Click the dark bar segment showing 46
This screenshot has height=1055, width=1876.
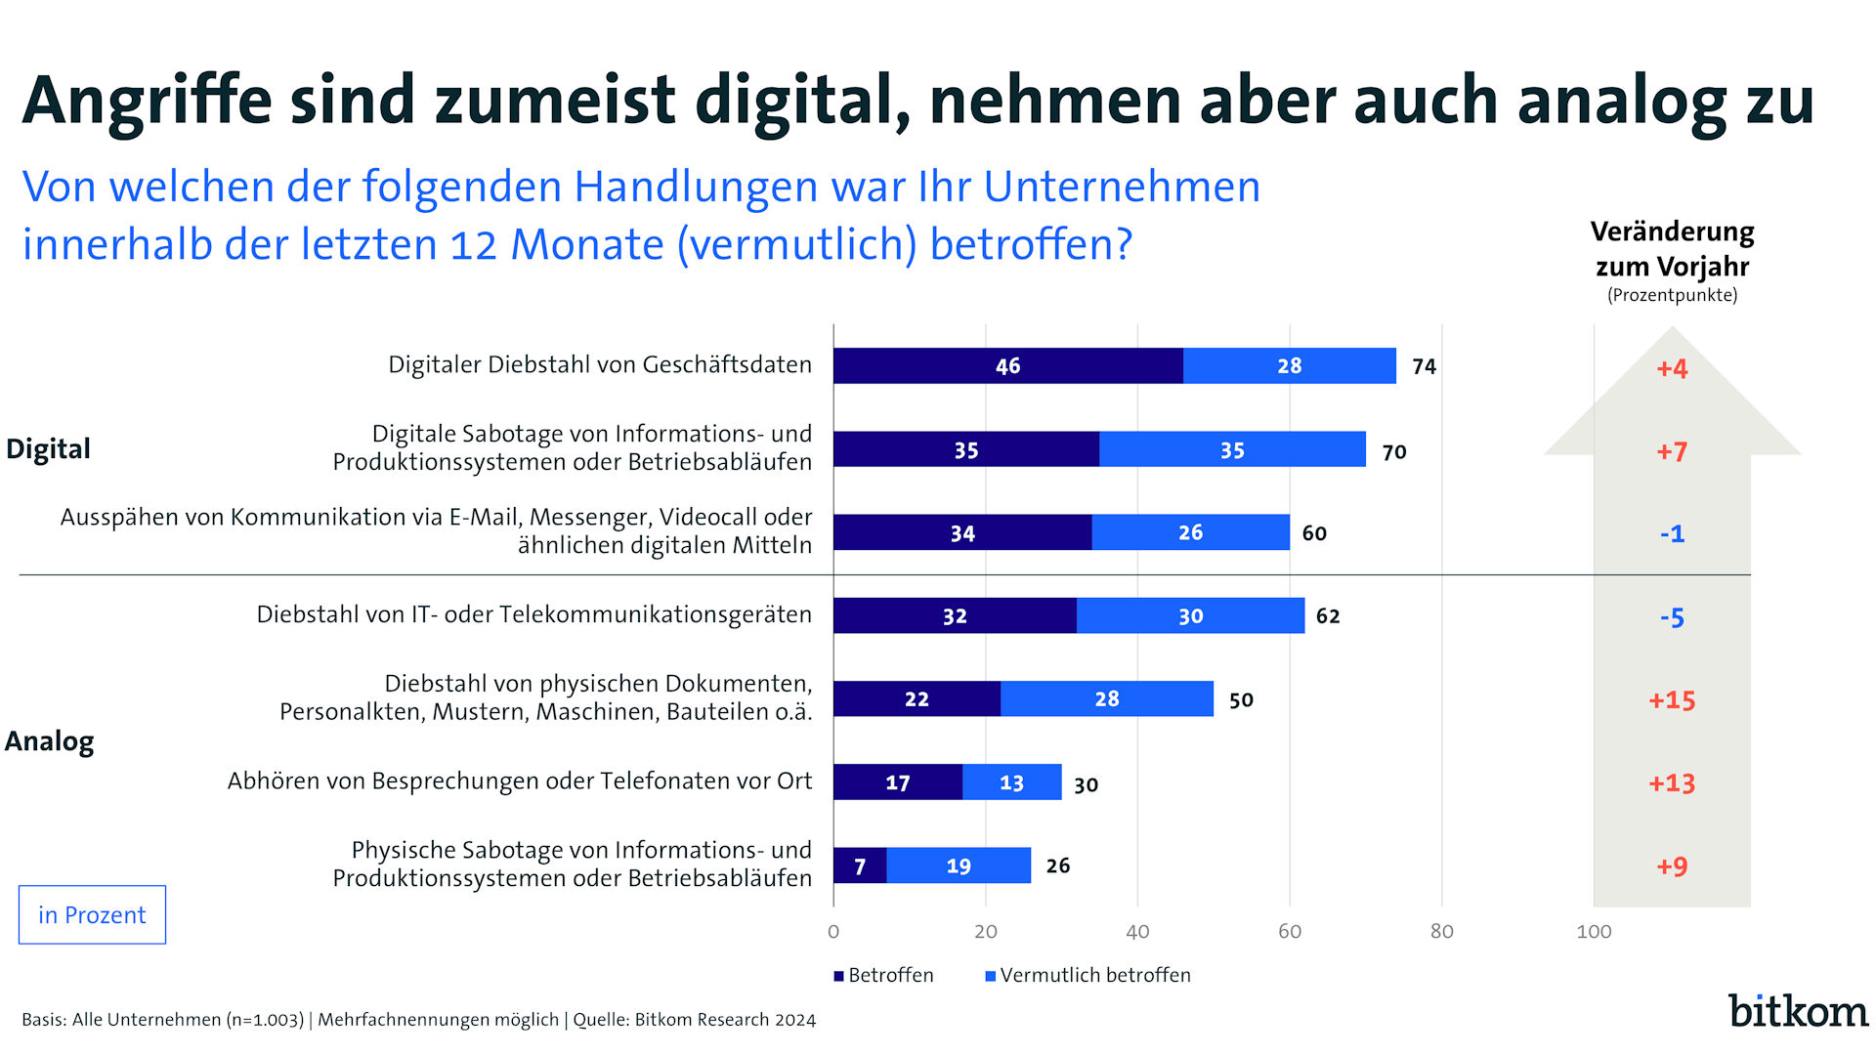click(1007, 366)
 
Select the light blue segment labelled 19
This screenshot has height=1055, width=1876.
click(959, 865)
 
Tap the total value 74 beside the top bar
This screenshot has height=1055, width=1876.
click(1424, 367)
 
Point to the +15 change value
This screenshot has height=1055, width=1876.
click(1671, 700)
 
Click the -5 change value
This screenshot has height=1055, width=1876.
click(1671, 617)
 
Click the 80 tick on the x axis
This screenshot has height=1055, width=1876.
click(1441, 932)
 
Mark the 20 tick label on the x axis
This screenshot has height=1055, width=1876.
click(985, 932)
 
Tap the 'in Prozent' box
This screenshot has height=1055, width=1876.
click(92, 915)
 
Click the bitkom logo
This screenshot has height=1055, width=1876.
click(1797, 1011)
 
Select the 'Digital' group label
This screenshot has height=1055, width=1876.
click(48, 449)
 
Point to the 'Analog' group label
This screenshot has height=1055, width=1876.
click(50, 741)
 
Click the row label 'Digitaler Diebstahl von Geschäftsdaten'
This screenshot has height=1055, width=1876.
click(600, 365)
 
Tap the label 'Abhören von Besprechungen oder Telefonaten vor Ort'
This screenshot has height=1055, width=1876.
click(520, 781)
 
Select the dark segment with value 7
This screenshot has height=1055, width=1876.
click(860, 865)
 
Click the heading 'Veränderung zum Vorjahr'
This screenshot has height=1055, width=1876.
click(1672, 249)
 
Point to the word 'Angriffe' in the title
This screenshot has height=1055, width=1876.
click(147, 101)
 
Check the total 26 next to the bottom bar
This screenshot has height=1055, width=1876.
click(1057, 865)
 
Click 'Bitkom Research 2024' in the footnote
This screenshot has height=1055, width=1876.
click(725, 1020)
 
